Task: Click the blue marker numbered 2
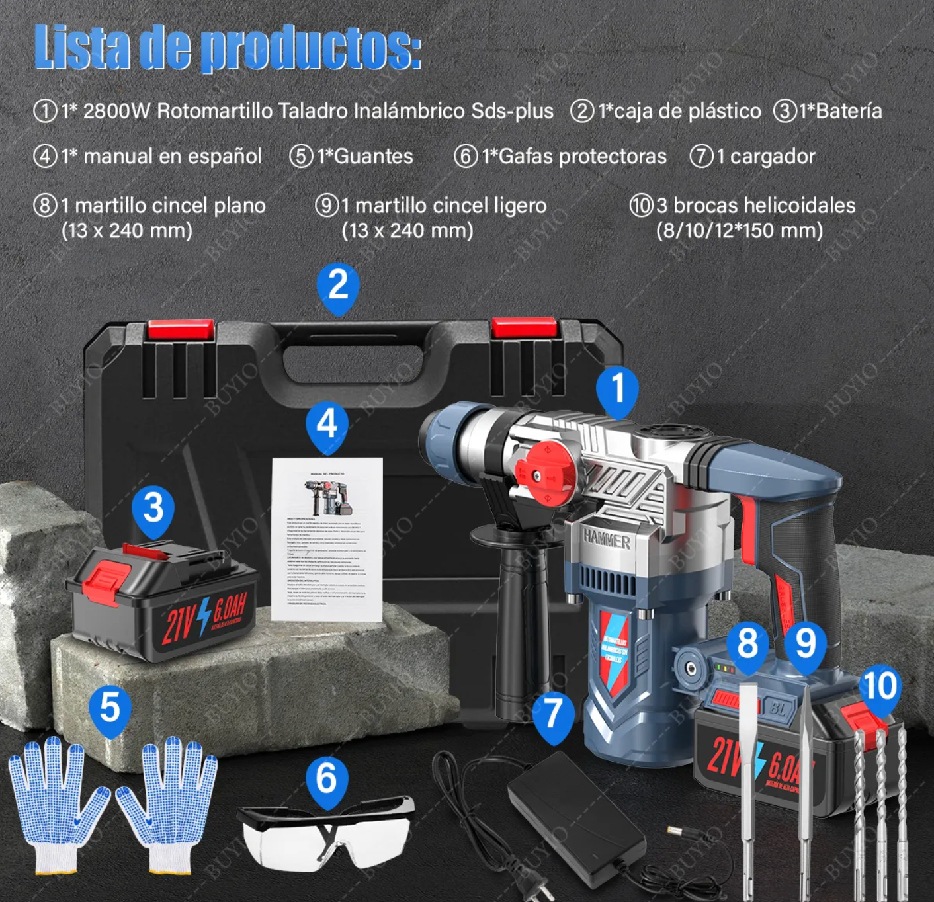point(338,286)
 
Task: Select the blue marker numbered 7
point(552,714)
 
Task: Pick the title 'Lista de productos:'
point(228,48)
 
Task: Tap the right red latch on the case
point(525,328)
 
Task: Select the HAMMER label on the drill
point(607,539)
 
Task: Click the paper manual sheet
point(327,539)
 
